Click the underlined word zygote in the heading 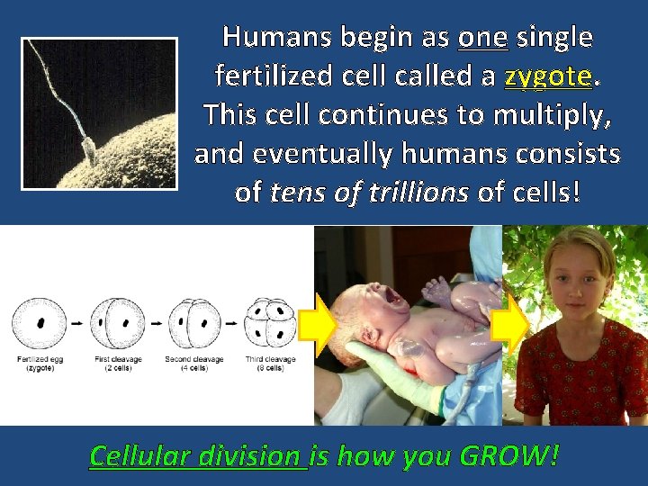(x=548, y=76)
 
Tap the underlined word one (x=483, y=37)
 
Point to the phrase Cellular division (x=198, y=455)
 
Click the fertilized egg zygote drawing (x=39, y=321)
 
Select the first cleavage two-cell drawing (x=118, y=321)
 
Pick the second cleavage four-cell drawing (x=192, y=321)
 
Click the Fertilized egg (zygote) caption (x=39, y=364)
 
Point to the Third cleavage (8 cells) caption (x=271, y=364)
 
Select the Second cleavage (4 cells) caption (x=192, y=364)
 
